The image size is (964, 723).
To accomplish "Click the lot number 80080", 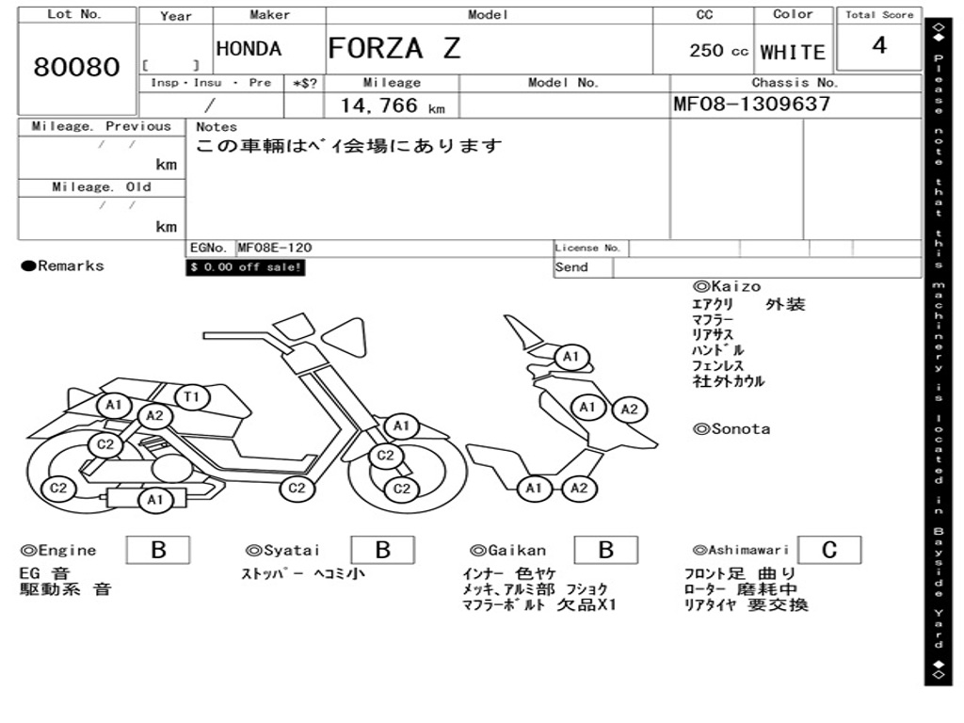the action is (x=77, y=68).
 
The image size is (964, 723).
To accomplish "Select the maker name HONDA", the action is (x=249, y=49).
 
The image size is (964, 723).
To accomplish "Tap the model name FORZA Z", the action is (x=394, y=48).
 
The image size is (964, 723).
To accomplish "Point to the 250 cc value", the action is (x=718, y=51).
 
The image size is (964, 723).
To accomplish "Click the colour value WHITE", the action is (x=793, y=53).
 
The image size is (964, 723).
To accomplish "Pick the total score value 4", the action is (x=879, y=46).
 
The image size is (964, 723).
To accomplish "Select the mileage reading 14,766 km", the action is (x=392, y=106).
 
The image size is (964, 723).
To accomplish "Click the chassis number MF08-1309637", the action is (x=752, y=104).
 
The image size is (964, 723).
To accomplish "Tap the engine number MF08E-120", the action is (x=274, y=248).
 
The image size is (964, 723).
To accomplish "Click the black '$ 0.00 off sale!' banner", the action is (x=246, y=267).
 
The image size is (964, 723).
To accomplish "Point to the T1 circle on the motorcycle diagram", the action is (x=191, y=397).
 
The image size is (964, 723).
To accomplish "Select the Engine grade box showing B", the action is (x=158, y=550).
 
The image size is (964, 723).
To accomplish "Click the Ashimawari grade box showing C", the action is (x=828, y=550).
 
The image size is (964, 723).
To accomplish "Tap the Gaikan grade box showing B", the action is (x=605, y=550).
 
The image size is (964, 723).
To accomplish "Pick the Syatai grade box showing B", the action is (x=382, y=550).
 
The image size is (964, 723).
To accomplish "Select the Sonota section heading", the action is (x=731, y=429).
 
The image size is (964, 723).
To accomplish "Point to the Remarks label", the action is (x=63, y=266).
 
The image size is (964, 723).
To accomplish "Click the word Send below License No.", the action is (x=571, y=267).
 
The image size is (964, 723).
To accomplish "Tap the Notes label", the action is (x=217, y=127).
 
